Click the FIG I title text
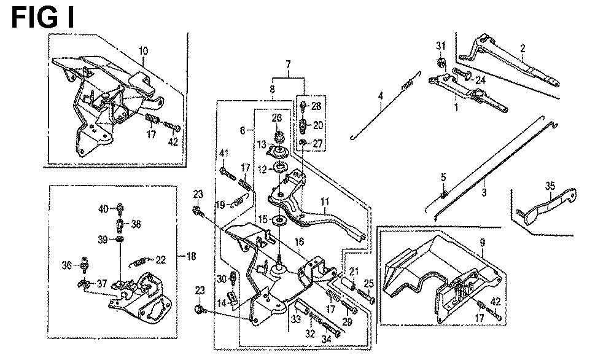click(42, 17)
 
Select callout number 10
click(143, 50)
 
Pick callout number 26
click(276, 117)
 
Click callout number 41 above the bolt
click(224, 153)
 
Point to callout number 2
click(523, 48)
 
